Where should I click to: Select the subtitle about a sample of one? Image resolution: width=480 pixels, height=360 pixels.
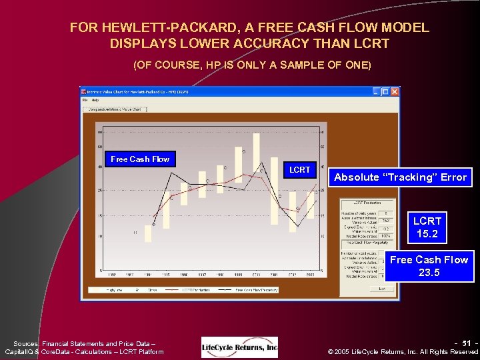(252, 65)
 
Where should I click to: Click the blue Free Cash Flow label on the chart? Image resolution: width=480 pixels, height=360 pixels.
(140, 159)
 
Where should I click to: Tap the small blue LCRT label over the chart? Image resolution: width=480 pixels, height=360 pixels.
(300, 169)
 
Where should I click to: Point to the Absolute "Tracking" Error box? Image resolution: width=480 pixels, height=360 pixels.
(401, 177)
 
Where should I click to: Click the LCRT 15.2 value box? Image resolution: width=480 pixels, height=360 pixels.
(427, 227)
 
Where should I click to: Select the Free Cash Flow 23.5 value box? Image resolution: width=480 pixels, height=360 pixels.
(429, 266)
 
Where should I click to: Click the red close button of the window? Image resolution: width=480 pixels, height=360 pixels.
(394, 91)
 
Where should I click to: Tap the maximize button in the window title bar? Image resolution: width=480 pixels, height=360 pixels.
(386, 91)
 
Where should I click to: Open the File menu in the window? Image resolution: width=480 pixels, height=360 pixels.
(86, 100)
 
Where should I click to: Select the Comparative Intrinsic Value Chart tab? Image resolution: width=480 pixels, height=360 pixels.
(113, 109)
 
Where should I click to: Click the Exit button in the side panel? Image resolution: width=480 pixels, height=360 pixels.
(382, 288)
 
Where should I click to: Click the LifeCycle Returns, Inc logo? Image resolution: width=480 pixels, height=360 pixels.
(240, 347)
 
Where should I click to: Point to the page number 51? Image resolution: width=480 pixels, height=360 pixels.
(466, 343)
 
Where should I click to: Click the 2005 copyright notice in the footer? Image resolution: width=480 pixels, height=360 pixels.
(403, 351)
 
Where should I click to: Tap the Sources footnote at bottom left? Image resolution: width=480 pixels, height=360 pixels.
(83, 347)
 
